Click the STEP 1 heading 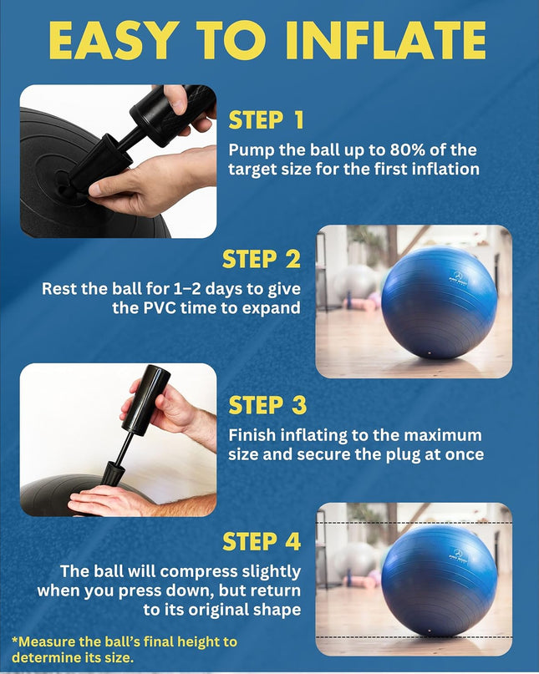(266, 120)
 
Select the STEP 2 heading (262, 260)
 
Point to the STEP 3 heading (267, 405)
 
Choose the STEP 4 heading (262, 542)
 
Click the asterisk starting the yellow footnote (14, 642)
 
